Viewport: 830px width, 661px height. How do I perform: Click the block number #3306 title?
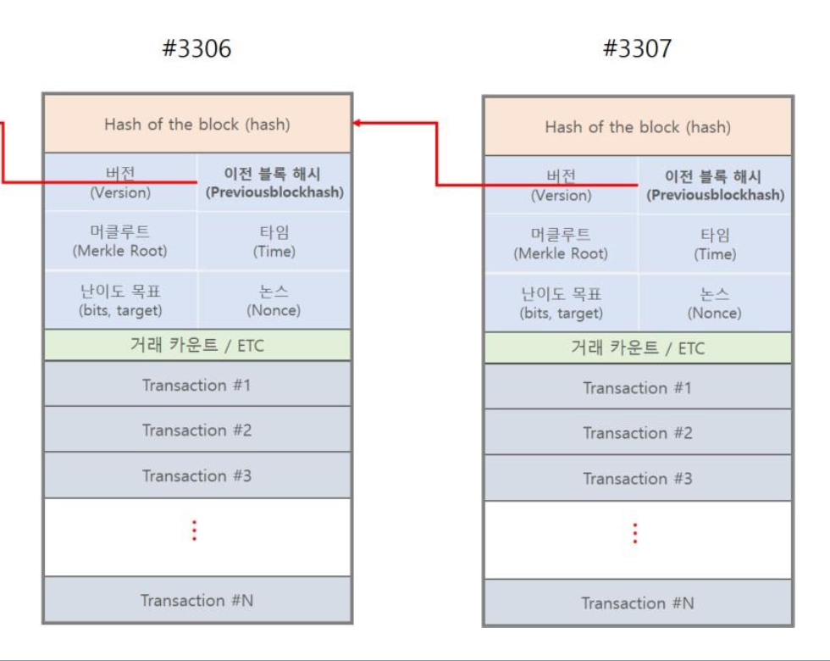coord(196,49)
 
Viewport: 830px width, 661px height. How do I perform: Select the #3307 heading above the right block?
coord(637,49)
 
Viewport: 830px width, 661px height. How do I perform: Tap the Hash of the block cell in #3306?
coord(196,125)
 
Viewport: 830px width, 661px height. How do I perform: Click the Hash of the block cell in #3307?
coord(637,127)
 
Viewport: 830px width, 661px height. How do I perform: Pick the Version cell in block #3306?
coord(120,182)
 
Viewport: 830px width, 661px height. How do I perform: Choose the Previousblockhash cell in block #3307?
coord(715,186)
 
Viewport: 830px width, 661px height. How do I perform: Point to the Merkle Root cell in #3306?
coord(120,241)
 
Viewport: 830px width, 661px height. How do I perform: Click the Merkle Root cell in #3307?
coord(561,243)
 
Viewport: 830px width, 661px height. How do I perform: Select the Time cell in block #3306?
coord(274,241)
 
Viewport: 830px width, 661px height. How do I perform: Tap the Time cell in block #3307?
coord(715,243)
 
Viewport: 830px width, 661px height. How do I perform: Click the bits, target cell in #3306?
coord(120,300)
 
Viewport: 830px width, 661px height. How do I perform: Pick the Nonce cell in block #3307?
coord(715,303)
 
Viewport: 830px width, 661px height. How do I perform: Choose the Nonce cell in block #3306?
coord(274,300)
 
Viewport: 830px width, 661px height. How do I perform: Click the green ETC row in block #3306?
coord(196,345)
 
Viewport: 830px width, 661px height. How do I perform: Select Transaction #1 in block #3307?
coord(637,388)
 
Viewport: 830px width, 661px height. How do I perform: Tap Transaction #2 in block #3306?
coord(196,430)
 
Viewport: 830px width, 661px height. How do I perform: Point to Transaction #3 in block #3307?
coord(637,479)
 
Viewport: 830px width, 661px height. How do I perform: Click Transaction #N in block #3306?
coord(196,601)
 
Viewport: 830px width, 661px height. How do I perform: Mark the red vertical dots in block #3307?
coord(634,533)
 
